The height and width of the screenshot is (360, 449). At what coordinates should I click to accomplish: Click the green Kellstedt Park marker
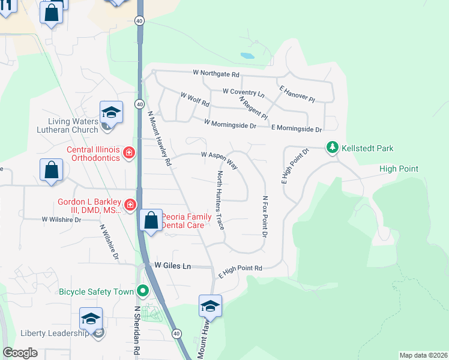click(332, 147)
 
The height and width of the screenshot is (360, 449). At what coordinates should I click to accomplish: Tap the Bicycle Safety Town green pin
click(142, 292)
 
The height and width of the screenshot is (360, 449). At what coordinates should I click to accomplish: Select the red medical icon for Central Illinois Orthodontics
click(128, 154)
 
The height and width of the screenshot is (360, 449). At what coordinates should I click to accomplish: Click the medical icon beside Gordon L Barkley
click(129, 206)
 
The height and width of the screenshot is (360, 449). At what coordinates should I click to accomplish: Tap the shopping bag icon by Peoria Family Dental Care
click(151, 220)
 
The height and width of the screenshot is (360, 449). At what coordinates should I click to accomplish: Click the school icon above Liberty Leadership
click(91, 318)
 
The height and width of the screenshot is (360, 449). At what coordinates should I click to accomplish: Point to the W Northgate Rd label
click(216, 74)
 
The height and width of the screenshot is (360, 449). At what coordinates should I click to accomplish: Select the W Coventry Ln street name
click(243, 92)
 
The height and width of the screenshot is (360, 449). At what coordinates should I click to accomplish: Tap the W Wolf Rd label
click(194, 98)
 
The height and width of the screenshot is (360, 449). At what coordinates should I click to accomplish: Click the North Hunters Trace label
click(220, 200)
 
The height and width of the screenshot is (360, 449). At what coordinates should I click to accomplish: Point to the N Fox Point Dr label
click(264, 216)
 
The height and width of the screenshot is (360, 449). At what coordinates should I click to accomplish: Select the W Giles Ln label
click(173, 265)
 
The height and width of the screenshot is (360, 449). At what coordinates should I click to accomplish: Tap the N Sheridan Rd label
click(137, 332)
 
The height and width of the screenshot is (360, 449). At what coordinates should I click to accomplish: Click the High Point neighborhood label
click(399, 169)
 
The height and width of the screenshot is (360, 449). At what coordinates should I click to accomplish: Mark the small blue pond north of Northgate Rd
click(247, 56)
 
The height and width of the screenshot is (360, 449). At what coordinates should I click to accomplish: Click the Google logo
click(20, 353)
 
